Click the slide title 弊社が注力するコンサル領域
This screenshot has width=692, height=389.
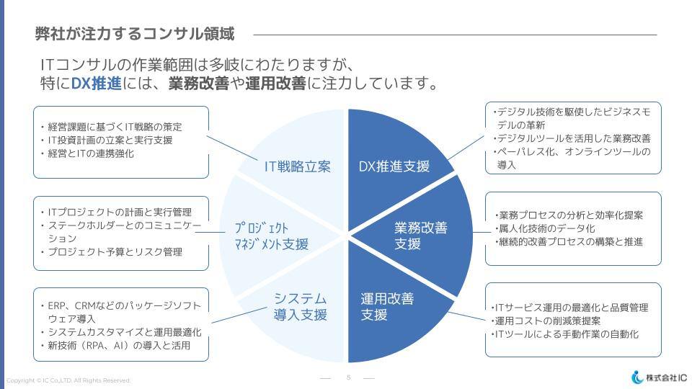[x=135, y=34]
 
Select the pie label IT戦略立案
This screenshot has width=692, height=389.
[x=298, y=166]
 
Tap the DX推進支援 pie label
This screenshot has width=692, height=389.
[x=394, y=166]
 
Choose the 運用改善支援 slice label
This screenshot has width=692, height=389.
[x=387, y=307]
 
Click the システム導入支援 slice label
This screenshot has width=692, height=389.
[x=300, y=307]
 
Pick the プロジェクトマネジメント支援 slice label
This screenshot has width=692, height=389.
[x=272, y=236]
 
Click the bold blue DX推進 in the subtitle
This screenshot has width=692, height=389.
[x=96, y=83]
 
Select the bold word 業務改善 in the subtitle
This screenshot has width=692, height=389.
[x=199, y=83]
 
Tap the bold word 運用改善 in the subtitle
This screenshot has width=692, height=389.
[x=275, y=83]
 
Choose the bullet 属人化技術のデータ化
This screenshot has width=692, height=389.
[x=545, y=228]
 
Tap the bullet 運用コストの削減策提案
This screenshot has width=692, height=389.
[x=546, y=321]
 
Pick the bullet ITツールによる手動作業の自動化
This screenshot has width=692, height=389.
[x=564, y=334]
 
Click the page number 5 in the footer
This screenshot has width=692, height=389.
[x=349, y=377]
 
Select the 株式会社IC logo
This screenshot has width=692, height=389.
[x=659, y=377]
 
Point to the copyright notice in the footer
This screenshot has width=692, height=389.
[x=68, y=380]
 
